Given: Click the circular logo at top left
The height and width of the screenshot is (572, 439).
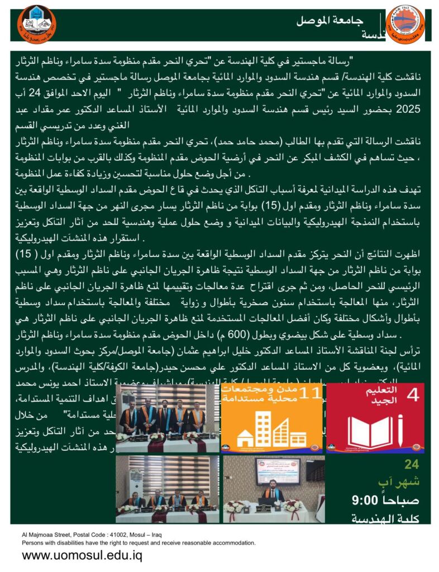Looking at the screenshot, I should coord(36,24).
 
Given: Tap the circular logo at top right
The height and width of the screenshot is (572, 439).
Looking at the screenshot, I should coord(405,24).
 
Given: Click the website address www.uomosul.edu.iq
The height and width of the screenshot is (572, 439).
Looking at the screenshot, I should coord(82,556).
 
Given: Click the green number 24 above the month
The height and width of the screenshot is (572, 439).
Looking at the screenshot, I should coord(412,464).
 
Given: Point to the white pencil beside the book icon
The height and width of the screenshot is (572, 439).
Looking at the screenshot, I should coord(401,432).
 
